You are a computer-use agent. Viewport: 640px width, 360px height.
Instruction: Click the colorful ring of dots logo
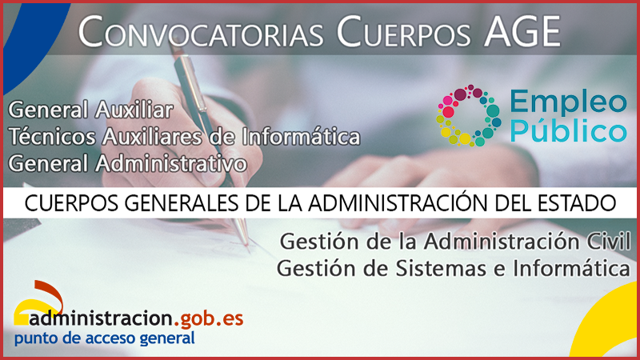[x=467, y=115]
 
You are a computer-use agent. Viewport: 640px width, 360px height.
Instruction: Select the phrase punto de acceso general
[x=104, y=338]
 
